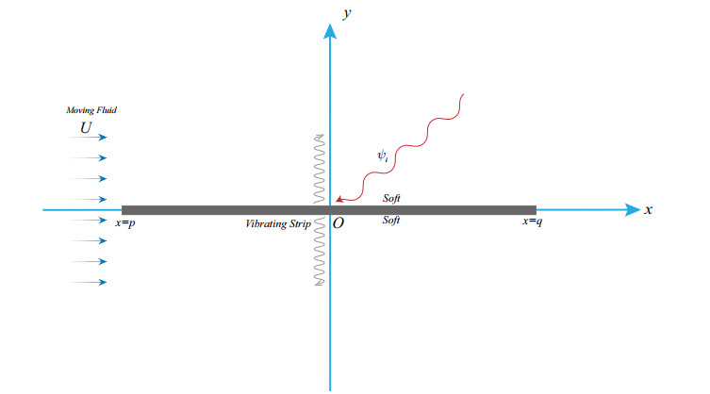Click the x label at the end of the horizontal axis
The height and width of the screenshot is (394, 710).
(649, 210)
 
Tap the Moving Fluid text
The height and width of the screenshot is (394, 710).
(91, 111)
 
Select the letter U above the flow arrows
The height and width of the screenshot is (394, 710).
(86, 125)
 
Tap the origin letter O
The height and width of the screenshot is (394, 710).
(338, 225)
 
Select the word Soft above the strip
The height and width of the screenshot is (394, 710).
(392, 199)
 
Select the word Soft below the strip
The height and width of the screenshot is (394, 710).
(392, 221)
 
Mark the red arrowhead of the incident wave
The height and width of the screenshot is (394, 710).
(338, 199)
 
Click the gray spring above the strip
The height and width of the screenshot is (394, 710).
(319, 170)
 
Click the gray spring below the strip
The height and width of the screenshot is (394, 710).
(319, 251)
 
